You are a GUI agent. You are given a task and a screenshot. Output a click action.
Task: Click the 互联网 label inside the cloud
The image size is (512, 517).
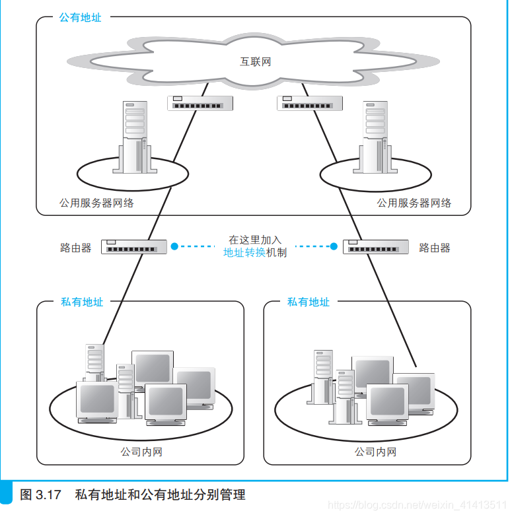(255, 62)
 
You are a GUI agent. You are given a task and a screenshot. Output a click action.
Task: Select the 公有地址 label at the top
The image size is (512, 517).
(81, 18)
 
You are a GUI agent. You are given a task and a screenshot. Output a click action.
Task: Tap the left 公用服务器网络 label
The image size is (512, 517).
(96, 203)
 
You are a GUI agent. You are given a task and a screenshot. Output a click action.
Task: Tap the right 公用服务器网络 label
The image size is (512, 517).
(414, 203)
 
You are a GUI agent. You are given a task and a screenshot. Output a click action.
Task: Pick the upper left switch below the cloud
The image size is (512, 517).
(200, 103)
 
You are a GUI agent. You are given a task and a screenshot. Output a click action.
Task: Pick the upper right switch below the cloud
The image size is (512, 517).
(309, 103)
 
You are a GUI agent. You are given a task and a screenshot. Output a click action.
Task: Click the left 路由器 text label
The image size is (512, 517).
(75, 248)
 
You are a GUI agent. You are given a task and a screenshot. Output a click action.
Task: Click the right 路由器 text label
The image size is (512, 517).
(435, 248)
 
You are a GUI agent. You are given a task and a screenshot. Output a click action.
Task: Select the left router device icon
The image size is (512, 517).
(133, 247)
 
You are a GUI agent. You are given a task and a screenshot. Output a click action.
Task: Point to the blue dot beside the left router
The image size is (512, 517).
(174, 246)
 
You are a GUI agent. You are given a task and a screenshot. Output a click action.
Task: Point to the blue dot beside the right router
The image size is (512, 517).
(334, 246)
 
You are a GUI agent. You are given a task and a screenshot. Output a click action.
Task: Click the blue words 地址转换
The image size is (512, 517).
(244, 253)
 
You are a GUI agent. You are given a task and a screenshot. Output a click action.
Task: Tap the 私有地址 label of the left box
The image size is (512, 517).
(82, 302)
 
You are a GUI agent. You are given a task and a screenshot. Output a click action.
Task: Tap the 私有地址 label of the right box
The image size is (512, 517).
(308, 302)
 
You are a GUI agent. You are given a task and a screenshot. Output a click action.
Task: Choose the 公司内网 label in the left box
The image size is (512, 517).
(141, 452)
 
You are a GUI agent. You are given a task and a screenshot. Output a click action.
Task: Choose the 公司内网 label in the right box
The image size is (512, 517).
(375, 452)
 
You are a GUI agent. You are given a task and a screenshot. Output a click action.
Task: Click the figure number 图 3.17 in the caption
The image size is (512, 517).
(40, 495)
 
